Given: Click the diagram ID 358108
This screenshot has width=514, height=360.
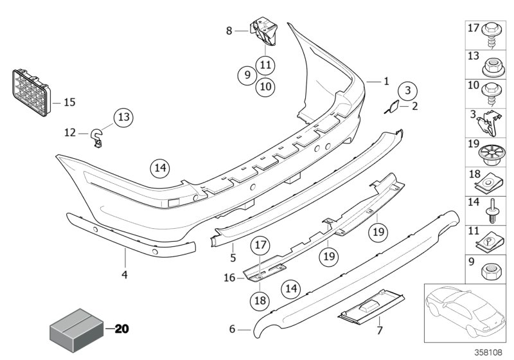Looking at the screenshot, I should point(490,352).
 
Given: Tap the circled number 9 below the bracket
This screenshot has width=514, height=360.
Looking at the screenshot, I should point(245,75).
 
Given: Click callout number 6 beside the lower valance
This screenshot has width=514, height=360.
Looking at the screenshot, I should point(232,330).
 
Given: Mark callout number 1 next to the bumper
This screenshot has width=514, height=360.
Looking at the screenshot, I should point(386,82).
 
